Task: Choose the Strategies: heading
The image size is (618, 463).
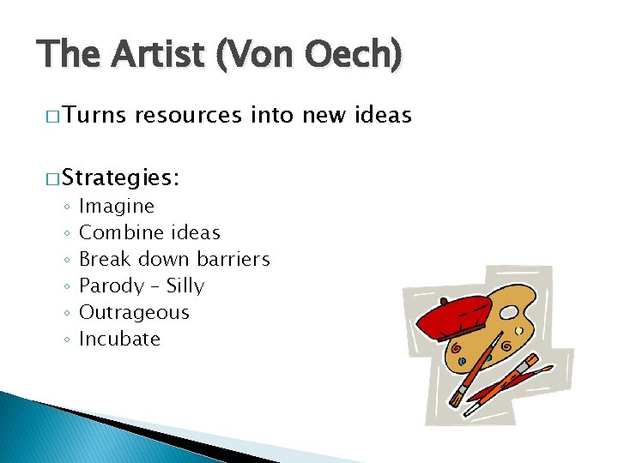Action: click(120, 178)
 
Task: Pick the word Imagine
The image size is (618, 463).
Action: click(117, 207)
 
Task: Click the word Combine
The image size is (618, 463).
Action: click(120, 232)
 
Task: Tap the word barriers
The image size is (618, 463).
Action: click(233, 259)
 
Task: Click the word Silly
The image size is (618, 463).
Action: click(185, 286)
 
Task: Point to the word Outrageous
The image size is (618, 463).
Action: click(134, 312)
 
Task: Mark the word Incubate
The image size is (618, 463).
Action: click(119, 339)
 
